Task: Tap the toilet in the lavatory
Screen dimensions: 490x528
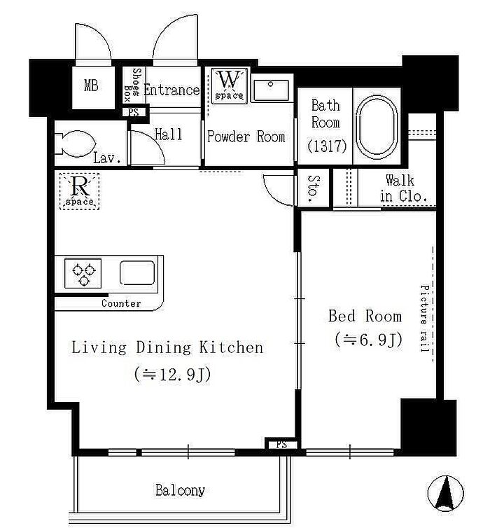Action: coord(76,144)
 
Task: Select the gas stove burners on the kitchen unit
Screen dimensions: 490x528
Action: coord(83,273)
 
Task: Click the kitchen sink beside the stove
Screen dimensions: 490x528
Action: coord(137,273)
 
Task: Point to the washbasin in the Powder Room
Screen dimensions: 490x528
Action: coord(271,90)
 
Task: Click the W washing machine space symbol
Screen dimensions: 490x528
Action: coord(229,85)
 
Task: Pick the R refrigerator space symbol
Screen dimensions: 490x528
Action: coord(79,191)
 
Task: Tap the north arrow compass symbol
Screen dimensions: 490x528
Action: coord(445,493)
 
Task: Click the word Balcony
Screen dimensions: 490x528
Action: coord(180,490)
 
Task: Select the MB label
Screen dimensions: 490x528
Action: coord(91,85)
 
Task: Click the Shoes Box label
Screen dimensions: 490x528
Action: coord(132,85)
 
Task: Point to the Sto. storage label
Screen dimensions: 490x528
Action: coord(313,188)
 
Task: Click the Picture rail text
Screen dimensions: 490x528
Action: coord(424,318)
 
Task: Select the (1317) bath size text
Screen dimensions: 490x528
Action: coord(327,146)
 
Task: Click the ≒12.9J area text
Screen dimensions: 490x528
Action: coord(172,374)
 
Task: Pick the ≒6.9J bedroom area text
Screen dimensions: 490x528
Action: coord(368,340)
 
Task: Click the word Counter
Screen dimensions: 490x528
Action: coord(121,303)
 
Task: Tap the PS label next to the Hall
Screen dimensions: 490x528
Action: coord(133,112)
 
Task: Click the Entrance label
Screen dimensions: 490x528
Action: coord(171,90)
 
